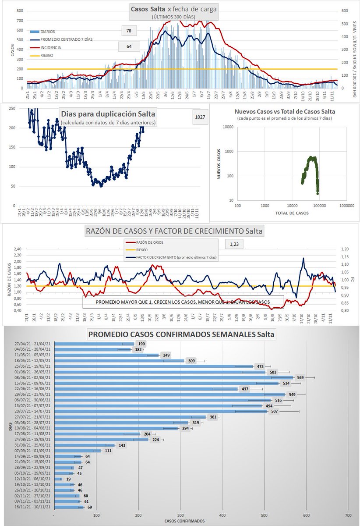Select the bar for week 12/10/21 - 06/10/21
tap(56, 479)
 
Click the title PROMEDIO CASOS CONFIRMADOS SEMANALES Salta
tap(182, 334)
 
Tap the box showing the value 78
tap(129, 31)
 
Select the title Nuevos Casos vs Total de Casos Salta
tap(285, 111)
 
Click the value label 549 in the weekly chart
tap(292, 394)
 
